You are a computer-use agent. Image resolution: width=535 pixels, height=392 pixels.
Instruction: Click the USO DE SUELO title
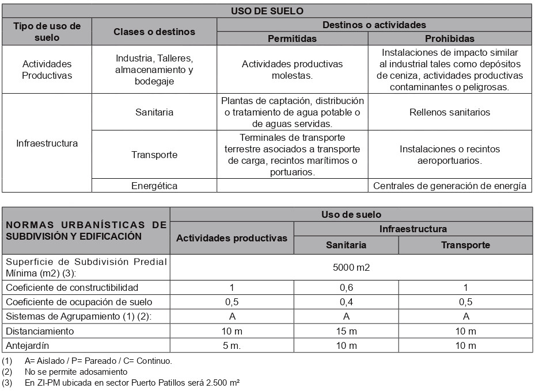pos(267,10)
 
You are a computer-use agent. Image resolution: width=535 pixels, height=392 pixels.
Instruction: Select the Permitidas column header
pos(293,39)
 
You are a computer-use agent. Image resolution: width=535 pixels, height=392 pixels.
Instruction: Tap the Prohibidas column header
pos(449,39)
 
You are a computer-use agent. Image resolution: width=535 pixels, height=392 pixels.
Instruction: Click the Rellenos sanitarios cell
pos(449,112)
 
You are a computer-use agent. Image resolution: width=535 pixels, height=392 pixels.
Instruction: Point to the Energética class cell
pos(154,186)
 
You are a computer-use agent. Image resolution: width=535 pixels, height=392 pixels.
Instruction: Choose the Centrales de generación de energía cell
pos(449,186)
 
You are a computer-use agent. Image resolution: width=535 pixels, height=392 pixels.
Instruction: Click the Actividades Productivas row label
pos(47,70)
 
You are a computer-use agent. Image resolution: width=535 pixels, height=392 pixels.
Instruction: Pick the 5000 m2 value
pos(351,267)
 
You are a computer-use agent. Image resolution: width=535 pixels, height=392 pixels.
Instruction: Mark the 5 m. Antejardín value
pos(232,346)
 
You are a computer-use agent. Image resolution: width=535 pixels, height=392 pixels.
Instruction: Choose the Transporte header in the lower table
pos(465,245)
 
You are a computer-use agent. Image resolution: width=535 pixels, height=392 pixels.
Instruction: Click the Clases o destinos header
pos(154,32)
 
